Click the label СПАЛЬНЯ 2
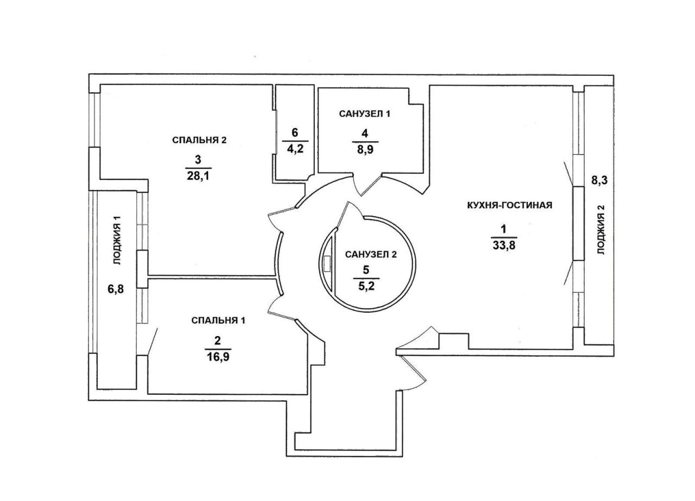(199, 140)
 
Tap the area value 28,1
(198, 176)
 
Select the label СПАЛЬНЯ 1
(218, 320)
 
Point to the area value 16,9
(218, 357)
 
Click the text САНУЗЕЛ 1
(364, 114)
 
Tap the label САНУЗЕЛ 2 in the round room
(371, 255)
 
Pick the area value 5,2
(366, 286)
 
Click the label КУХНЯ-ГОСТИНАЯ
(510, 205)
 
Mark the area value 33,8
(503, 246)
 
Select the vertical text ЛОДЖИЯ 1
(118, 240)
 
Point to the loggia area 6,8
(116, 290)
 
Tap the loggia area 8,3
(599, 181)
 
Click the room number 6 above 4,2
(295, 133)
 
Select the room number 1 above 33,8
(503, 229)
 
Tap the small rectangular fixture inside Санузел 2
(327, 264)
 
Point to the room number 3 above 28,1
(198, 159)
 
